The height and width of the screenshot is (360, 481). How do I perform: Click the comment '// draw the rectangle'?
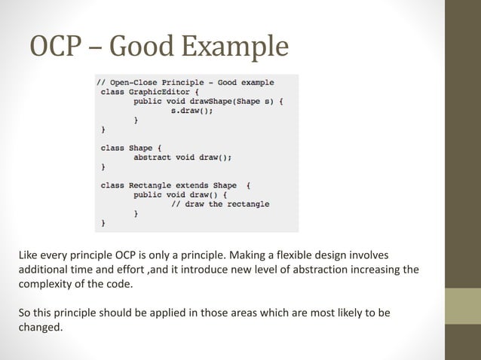point(219,204)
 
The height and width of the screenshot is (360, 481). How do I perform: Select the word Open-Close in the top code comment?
point(136,82)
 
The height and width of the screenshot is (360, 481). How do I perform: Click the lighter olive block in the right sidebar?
point(463,306)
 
